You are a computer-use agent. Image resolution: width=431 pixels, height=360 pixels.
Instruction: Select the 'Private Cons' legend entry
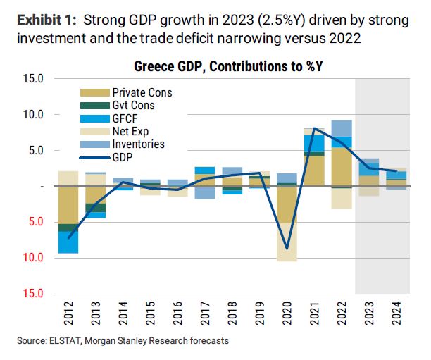[142, 93]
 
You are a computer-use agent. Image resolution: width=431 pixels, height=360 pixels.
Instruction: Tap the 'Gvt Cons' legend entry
[133, 106]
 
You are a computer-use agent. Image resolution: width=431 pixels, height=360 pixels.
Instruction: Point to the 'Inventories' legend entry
[138, 144]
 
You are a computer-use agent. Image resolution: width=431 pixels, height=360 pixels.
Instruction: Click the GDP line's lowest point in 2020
[287, 249]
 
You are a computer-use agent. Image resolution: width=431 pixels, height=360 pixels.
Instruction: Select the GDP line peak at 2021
[313, 128]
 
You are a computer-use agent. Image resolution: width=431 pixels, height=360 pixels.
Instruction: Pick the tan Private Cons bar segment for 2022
[341, 166]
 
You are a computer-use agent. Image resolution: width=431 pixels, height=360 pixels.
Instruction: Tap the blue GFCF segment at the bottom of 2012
[68, 242]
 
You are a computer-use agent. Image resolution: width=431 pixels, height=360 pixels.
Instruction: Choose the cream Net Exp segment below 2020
[287, 242]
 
